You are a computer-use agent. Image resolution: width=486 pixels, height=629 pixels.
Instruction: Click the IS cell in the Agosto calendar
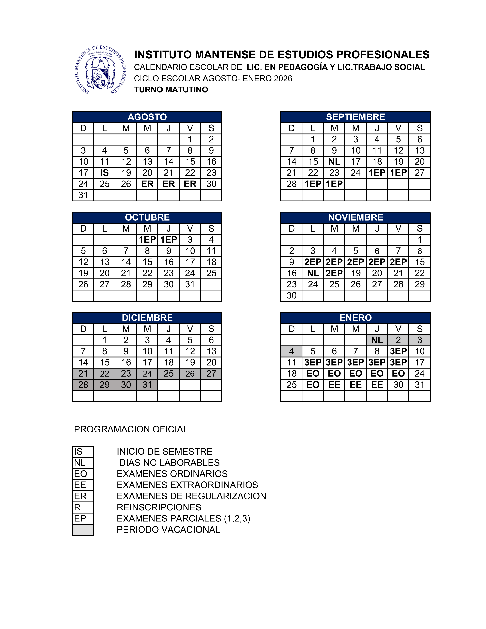104,173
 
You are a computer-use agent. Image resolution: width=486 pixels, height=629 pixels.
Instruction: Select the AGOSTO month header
147,117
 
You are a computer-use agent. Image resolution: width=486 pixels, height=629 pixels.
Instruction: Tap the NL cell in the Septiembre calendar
334,162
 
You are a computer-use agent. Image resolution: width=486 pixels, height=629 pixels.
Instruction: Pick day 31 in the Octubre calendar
190,284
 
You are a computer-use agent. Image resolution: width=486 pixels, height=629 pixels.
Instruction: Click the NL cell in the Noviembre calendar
313,273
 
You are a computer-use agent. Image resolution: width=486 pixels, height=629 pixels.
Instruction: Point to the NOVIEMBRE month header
355,217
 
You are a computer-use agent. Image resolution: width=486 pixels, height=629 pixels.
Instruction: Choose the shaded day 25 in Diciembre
168,374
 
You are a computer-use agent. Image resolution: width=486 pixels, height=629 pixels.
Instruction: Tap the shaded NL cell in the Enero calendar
377,340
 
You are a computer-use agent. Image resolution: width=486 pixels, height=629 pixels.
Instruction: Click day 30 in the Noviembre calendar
291,295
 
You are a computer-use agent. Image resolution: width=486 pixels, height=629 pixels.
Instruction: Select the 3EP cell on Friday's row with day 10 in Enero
398,351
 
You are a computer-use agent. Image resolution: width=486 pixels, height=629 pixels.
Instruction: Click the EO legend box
83,474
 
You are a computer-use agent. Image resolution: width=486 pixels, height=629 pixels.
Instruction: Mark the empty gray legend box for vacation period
83,530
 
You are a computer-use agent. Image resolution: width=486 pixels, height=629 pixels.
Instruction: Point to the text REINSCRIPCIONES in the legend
159,507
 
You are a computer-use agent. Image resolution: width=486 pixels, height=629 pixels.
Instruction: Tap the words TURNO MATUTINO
171,90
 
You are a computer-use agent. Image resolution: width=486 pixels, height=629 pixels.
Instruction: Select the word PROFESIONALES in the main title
383,55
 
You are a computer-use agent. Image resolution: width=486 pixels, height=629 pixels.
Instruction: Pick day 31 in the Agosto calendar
83,195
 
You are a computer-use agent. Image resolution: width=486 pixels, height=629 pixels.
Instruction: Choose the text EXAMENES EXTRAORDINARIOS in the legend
187,485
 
